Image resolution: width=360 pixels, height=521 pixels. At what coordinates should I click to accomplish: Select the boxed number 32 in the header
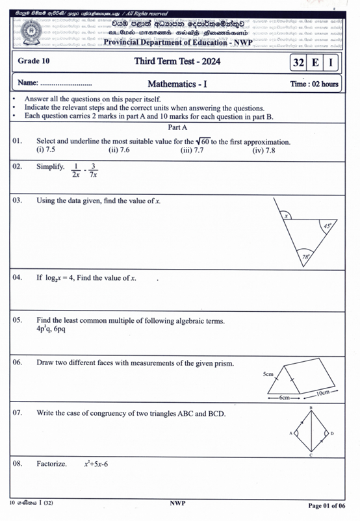[x=299, y=62]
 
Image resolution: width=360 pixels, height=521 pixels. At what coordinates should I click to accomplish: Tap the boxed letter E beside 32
[x=315, y=62]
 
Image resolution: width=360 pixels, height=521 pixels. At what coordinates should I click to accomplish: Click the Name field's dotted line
[x=66, y=84]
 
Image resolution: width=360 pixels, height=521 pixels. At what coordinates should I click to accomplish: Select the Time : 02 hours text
[x=314, y=84]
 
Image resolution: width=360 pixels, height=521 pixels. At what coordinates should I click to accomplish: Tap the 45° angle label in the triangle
[x=327, y=226]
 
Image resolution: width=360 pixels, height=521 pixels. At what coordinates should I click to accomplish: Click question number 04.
[x=18, y=277]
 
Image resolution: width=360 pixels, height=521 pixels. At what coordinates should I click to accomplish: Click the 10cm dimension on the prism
[x=327, y=394]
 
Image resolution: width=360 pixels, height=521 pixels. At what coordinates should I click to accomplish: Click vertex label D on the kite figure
[x=332, y=433]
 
